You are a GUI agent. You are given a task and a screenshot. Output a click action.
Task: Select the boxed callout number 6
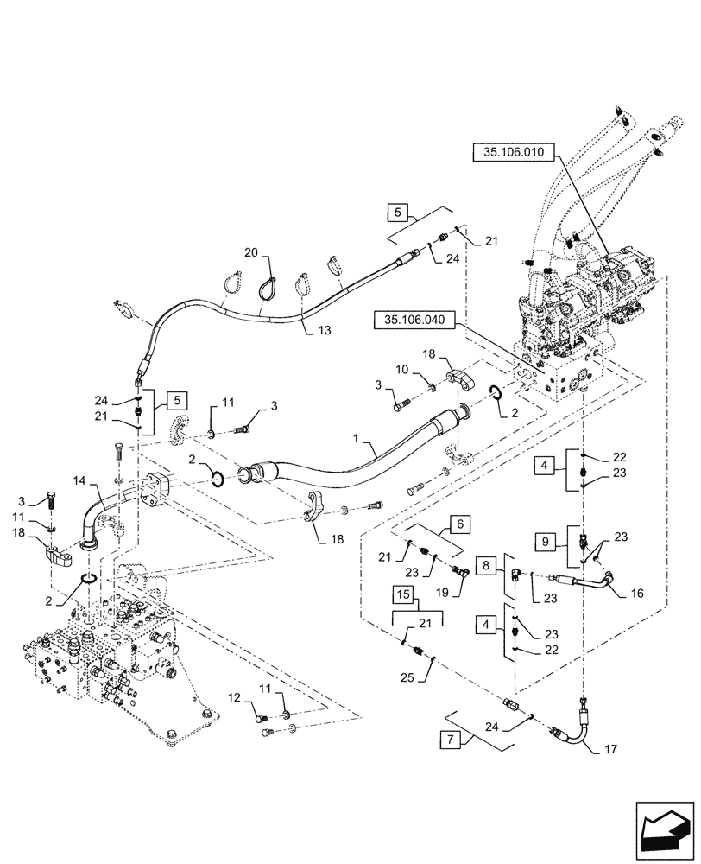459,524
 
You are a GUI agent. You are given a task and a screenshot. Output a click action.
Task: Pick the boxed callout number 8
488,565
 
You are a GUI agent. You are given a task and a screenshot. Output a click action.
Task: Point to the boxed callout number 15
402,596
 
